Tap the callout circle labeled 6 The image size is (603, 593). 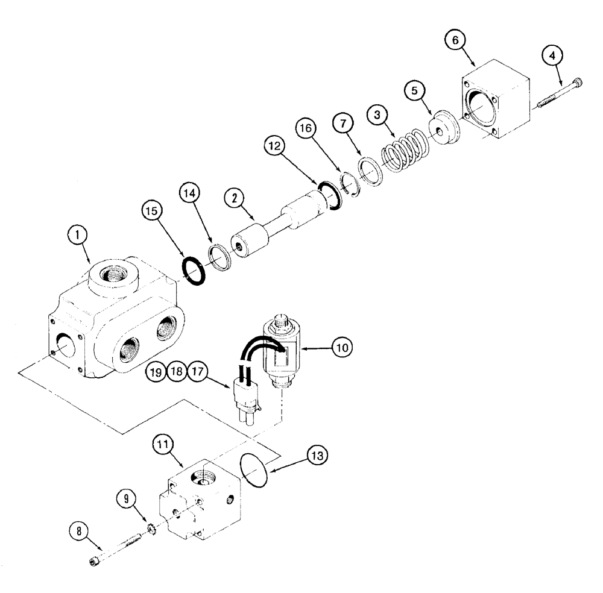[x=455, y=40]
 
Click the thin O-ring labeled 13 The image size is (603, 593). [x=254, y=466]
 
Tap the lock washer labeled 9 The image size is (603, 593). [x=151, y=530]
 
